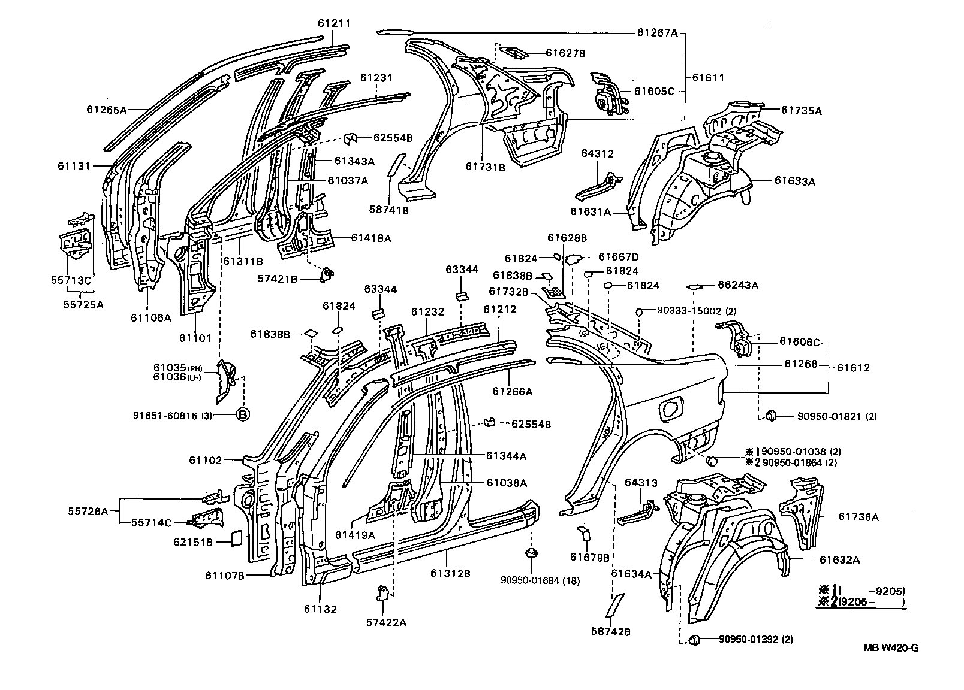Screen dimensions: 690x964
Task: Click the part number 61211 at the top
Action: click(334, 23)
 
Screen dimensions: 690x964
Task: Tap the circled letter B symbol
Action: click(243, 414)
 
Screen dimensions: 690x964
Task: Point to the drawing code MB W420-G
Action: click(891, 647)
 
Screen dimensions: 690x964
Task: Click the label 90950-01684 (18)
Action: click(540, 580)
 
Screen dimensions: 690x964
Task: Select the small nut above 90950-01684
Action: click(530, 552)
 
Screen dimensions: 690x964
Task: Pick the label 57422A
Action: click(387, 622)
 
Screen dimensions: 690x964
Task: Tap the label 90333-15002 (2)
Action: click(696, 311)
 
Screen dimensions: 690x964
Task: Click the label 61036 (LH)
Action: click(177, 377)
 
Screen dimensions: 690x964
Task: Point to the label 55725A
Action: click(83, 304)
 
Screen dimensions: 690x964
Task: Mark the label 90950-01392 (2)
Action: click(755, 640)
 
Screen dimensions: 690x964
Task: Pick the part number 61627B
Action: click(565, 53)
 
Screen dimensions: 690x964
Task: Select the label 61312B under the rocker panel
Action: click(450, 573)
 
